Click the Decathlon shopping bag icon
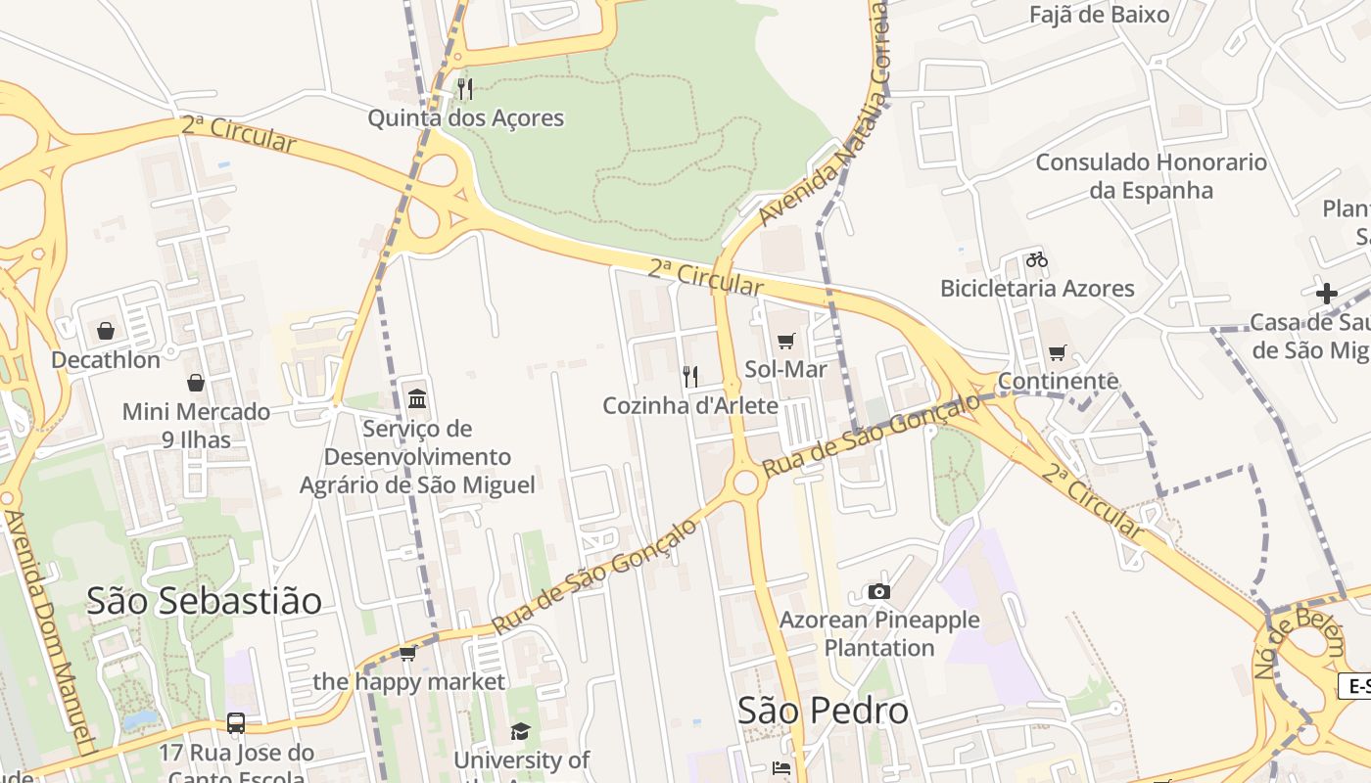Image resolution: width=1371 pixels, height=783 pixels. [105, 331]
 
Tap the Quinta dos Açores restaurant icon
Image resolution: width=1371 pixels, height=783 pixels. [465, 89]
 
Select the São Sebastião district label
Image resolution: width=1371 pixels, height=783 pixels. [204, 600]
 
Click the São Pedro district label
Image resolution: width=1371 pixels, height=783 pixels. [823, 711]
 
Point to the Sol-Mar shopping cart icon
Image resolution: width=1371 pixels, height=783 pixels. [785, 341]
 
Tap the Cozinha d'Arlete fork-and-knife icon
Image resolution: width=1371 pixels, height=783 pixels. [690, 377]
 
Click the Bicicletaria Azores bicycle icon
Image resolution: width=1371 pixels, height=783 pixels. [1037, 259]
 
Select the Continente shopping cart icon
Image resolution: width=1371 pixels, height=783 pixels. [1057, 352]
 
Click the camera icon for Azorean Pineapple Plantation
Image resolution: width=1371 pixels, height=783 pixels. [878, 591]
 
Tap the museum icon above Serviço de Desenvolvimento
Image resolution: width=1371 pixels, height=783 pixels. [417, 398]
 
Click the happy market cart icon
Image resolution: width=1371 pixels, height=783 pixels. [408, 653]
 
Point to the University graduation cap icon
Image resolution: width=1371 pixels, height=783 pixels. [520, 731]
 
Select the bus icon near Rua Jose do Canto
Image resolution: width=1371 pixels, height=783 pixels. [236, 723]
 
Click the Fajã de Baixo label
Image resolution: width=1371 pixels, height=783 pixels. [1099, 15]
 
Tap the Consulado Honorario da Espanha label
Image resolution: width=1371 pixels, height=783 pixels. [1151, 176]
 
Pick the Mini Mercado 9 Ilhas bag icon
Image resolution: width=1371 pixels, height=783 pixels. [196, 382]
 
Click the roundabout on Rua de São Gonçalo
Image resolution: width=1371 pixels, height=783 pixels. [746, 483]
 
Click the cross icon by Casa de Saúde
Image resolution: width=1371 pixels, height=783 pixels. [1327, 293]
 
